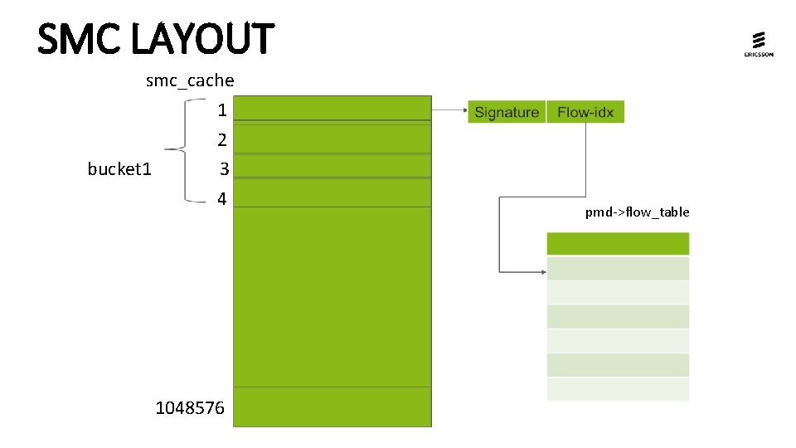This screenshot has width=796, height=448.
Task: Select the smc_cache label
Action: tap(190, 80)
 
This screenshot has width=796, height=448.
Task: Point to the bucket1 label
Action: tap(119, 169)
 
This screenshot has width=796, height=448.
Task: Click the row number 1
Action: tap(221, 110)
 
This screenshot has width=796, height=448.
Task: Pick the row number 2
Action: tap(221, 139)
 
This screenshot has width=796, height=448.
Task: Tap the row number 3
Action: tap(224, 169)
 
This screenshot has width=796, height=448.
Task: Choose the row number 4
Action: tap(221, 199)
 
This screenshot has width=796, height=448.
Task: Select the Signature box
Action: tap(507, 112)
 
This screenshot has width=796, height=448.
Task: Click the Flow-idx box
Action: tap(585, 112)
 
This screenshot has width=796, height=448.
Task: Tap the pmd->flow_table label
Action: tap(637, 212)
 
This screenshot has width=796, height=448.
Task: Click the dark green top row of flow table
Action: tap(618, 244)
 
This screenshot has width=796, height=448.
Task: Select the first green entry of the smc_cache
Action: tap(332, 110)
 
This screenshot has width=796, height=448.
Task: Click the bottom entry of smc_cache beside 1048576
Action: tap(332, 407)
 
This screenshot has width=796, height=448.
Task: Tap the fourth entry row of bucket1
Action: tap(332, 193)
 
